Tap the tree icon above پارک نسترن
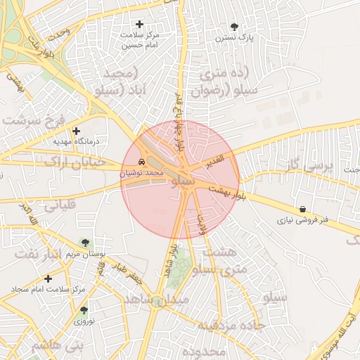pyautogui.click(x=234, y=26)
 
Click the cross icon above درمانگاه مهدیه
pyautogui.click(x=77, y=130)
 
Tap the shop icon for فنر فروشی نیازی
pyautogui.click(x=302, y=209)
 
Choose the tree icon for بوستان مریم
pyautogui.click(x=85, y=243)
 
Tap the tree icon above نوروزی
pyautogui.click(x=84, y=309)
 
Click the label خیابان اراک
pyautogui.click(x=74, y=162)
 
